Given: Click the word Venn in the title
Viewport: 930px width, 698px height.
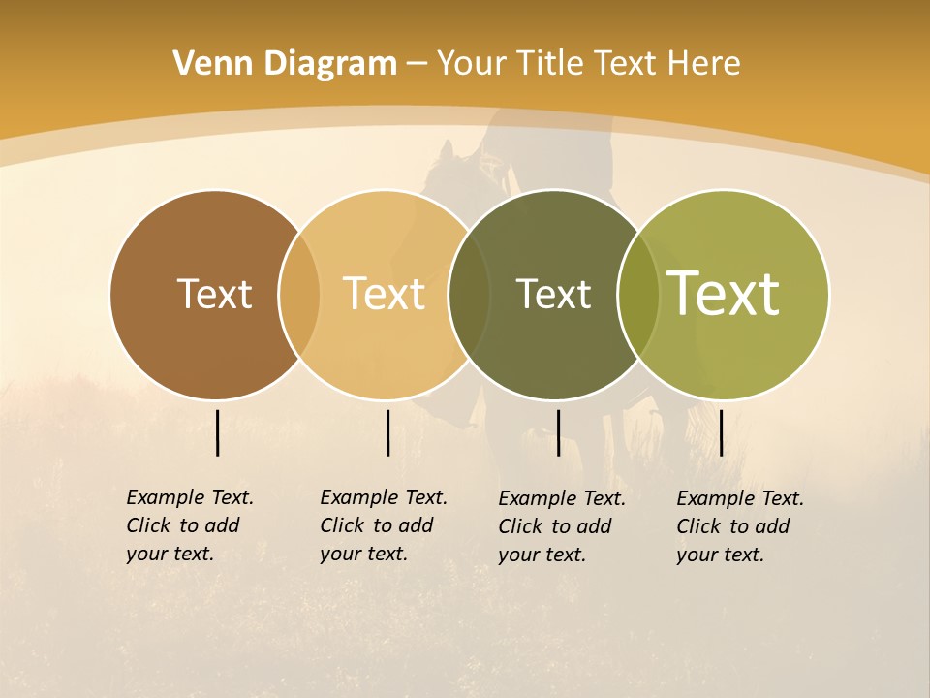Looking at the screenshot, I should click(x=201, y=64).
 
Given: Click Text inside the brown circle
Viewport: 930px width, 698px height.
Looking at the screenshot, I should click(x=214, y=294).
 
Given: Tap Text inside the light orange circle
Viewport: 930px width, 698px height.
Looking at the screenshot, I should click(x=384, y=294).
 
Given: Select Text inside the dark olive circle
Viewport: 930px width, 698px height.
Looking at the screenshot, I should click(x=553, y=294).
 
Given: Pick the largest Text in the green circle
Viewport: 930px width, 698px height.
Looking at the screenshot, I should click(x=724, y=294).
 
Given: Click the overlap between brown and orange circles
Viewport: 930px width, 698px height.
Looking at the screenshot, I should click(x=299, y=294).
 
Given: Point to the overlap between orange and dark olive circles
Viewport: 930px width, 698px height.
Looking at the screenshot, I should click(x=469, y=294).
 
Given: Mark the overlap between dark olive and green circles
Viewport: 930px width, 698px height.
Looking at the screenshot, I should click(x=638, y=294).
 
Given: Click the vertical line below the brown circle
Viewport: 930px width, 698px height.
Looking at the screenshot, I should click(x=217, y=432).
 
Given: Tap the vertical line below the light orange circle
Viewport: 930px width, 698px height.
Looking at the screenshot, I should click(x=387, y=432).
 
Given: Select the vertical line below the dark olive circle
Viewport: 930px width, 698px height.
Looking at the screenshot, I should click(x=558, y=432).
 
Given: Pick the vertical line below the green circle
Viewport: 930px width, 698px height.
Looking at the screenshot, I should click(x=721, y=432).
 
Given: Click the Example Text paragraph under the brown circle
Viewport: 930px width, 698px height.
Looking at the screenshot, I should click(x=190, y=525).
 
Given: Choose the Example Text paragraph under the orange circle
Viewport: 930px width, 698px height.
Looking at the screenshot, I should click(x=384, y=525).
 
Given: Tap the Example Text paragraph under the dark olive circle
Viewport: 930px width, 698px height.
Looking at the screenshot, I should click(x=562, y=526).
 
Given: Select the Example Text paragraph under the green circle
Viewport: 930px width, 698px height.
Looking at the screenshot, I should click(x=740, y=526).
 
